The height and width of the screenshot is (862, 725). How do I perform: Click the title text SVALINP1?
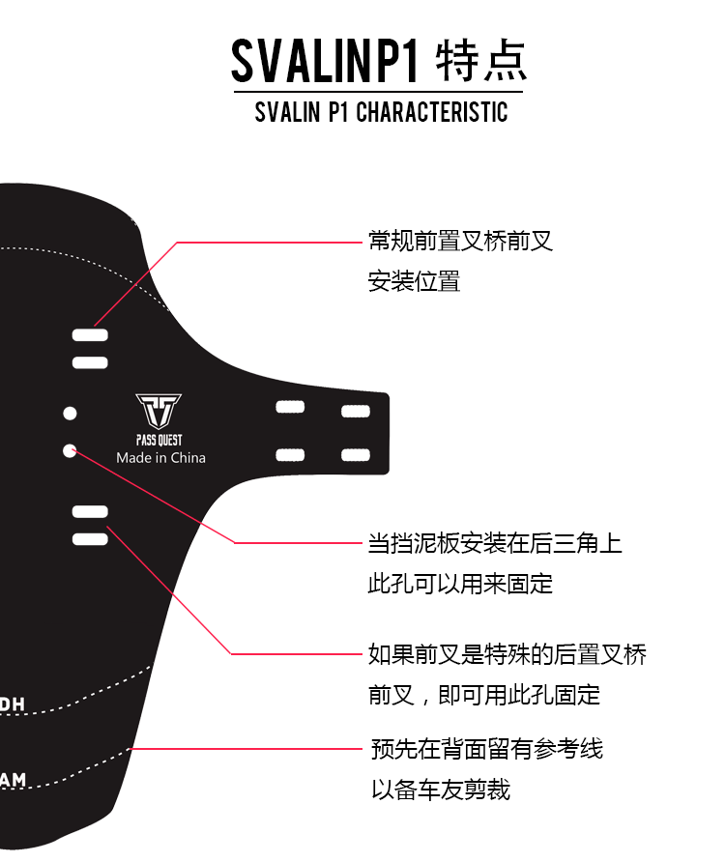coord(325,62)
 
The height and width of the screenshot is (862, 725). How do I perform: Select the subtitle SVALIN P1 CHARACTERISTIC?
coord(381,112)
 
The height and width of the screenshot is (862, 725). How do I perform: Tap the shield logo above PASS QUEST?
coord(159,412)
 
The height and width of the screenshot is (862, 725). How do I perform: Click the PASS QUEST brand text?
coord(159,440)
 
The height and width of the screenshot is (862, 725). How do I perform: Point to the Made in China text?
coord(160,457)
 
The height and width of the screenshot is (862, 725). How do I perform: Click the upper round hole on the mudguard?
coord(70,414)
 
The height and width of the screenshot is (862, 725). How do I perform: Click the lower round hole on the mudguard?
coord(70,449)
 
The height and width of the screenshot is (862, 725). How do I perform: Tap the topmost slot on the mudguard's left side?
coord(90,335)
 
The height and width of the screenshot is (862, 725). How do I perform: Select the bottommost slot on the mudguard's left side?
coord(90,538)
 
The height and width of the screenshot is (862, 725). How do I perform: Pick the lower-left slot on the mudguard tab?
coord(290,454)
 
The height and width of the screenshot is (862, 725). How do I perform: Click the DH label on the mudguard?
coord(13,704)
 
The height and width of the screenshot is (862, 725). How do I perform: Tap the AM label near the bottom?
coord(14,779)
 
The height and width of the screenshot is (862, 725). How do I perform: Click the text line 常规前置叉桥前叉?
coord(460,241)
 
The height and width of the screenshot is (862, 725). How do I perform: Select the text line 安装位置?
coord(414,281)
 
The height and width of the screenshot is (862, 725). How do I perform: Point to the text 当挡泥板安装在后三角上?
coord(494,543)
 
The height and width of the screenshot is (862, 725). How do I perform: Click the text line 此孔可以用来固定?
coord(460,584)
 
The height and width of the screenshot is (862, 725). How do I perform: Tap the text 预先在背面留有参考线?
coord(487,748)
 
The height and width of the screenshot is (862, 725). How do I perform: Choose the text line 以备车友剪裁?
coord(441,790)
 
